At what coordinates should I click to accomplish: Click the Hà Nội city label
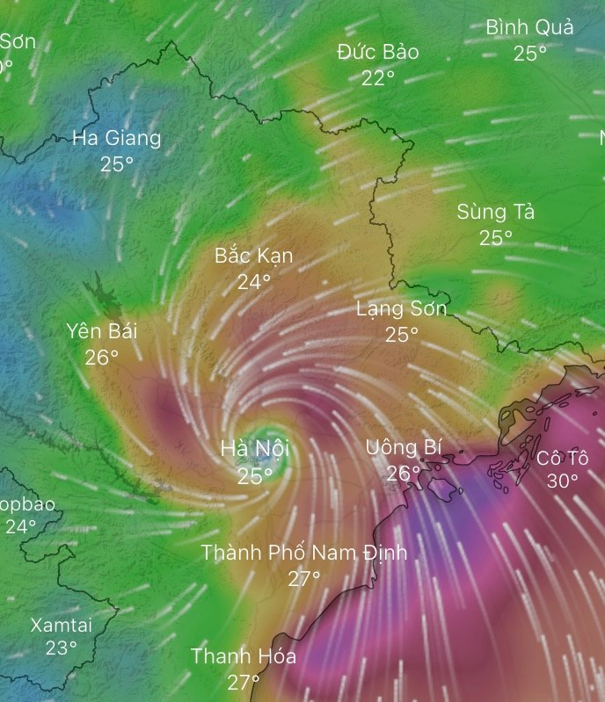pos(254,449)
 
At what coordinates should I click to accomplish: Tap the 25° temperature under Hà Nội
pos(254,475)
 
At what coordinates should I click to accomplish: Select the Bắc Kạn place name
pos(254,256)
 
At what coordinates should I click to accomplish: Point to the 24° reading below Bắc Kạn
pos(254,282)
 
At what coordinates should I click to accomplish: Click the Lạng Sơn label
pos(401,308)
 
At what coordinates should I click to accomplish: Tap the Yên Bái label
pos(102,331)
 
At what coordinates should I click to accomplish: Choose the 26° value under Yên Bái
pos(102,358)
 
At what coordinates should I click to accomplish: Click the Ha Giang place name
pos(116,138)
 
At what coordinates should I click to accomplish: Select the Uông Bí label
pos(404,447)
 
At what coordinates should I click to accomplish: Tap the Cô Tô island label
pos(562,457)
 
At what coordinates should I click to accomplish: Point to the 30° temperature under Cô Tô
pos(562,481)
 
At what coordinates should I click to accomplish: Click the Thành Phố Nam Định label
pos(304,553)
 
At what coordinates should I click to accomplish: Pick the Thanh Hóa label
pos(244,656)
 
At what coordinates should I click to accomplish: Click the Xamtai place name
pos(61,626)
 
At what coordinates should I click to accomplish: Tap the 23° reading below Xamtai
pos(61,648)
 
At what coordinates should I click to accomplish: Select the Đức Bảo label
pos(377,52)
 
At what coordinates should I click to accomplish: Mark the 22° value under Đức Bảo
pos(377,78)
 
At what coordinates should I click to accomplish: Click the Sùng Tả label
pos(496,212)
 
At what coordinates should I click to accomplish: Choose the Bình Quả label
pos(529,27)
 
